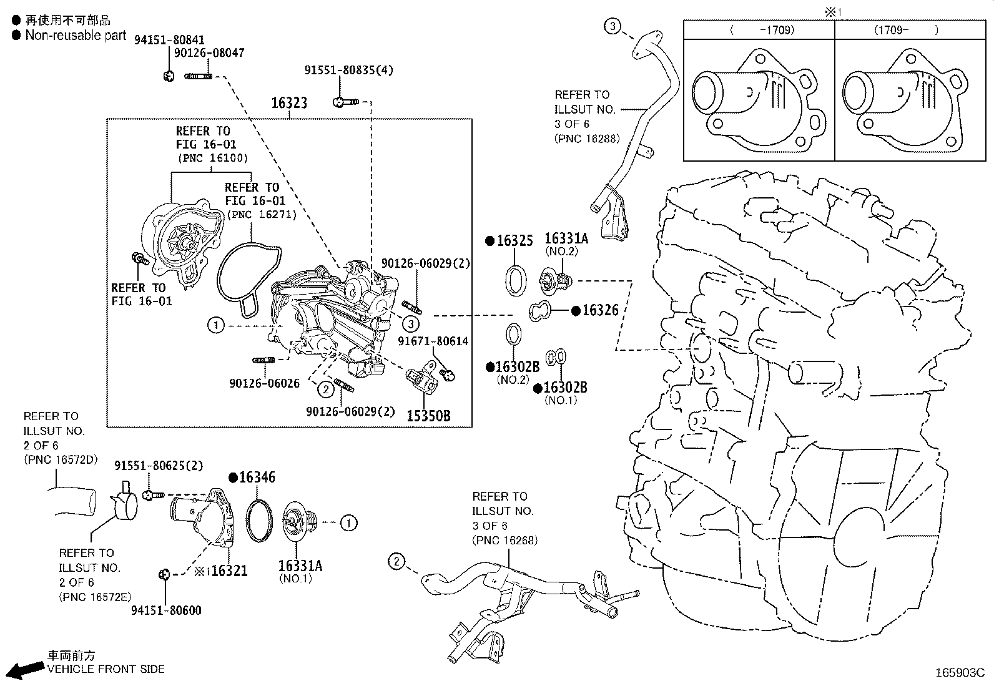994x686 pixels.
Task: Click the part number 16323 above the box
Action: (289, 103)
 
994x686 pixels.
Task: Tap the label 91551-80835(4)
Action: (348, 70)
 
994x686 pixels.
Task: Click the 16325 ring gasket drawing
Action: (514, 279)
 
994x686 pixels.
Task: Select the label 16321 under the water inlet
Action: (229, 571)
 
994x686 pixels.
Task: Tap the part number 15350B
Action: (428, 416)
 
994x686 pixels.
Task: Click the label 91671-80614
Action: (433, 341)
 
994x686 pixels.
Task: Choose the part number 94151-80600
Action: (167, 610)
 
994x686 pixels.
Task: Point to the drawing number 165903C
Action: (959, 672)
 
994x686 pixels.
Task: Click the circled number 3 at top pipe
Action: (613, 26)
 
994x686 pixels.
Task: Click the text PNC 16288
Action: (587, 139)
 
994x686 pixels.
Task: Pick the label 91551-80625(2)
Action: (159, 466)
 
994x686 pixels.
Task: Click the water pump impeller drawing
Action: (185, 240)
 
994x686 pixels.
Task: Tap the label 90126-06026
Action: (268, 383)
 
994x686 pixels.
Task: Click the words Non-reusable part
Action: (76, 36)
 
